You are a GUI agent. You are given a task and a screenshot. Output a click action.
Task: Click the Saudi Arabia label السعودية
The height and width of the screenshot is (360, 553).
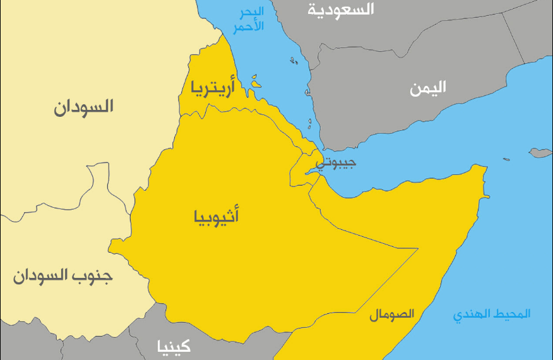pyautogui.click(x=340, y=9)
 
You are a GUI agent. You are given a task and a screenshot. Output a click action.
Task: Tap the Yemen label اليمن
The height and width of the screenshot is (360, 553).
pyautogui.click(x=427, y=88)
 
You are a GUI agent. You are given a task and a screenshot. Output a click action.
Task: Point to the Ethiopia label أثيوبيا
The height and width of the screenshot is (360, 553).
pyautogui.click(x=216, y=218)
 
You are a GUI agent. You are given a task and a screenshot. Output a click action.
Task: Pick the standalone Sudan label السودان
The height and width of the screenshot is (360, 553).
pyautogui.click(x=83, y=107)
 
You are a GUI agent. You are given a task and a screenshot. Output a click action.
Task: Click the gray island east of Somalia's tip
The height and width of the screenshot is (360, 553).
pyautogui.click(x=539, y=153)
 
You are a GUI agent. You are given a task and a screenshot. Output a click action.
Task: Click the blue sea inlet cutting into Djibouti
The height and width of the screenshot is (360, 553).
pyautogui.click(x=311, y=169)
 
